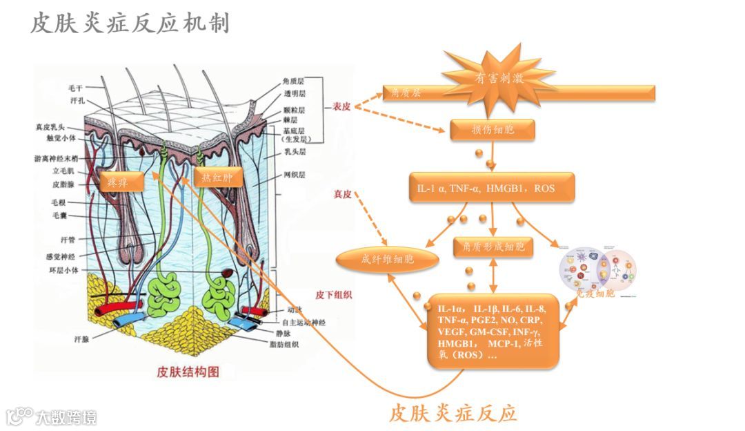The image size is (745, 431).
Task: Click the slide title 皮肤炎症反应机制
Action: (130, 24)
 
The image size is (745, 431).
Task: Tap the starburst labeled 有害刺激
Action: (499, 78)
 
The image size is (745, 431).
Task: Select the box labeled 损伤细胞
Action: (493, 129)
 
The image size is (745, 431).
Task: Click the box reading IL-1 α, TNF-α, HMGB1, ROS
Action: (491, 188)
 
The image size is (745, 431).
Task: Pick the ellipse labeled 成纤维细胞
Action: (388, 260)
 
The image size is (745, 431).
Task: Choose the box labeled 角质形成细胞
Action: (493, 246)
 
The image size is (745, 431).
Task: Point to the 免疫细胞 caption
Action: (595, 294)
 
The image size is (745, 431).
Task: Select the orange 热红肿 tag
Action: (217, 178)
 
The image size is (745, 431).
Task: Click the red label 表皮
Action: (341, 107)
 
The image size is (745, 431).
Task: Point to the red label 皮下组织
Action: (334, 294)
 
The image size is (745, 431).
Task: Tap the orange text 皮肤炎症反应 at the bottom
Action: (453, 413)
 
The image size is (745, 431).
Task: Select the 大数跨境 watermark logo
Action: (52, 416)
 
